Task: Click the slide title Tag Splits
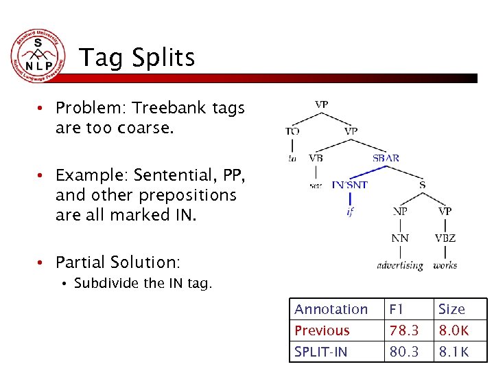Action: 137,58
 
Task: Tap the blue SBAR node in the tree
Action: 386,158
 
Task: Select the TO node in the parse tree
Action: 292,131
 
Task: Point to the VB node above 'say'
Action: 316,158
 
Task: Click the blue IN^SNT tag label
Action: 350,184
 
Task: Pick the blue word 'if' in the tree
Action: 350,212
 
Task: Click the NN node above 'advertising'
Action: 400,238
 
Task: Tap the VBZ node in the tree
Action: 445,238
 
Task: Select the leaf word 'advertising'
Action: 400,265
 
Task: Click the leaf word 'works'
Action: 445,265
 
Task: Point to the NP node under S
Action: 400,212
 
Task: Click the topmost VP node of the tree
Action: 321,104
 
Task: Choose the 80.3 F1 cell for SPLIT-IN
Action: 403,352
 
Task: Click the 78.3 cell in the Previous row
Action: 403,330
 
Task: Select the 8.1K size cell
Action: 454,352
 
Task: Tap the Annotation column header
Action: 331,310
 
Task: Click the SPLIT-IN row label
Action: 320,352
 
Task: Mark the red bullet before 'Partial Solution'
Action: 42,262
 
